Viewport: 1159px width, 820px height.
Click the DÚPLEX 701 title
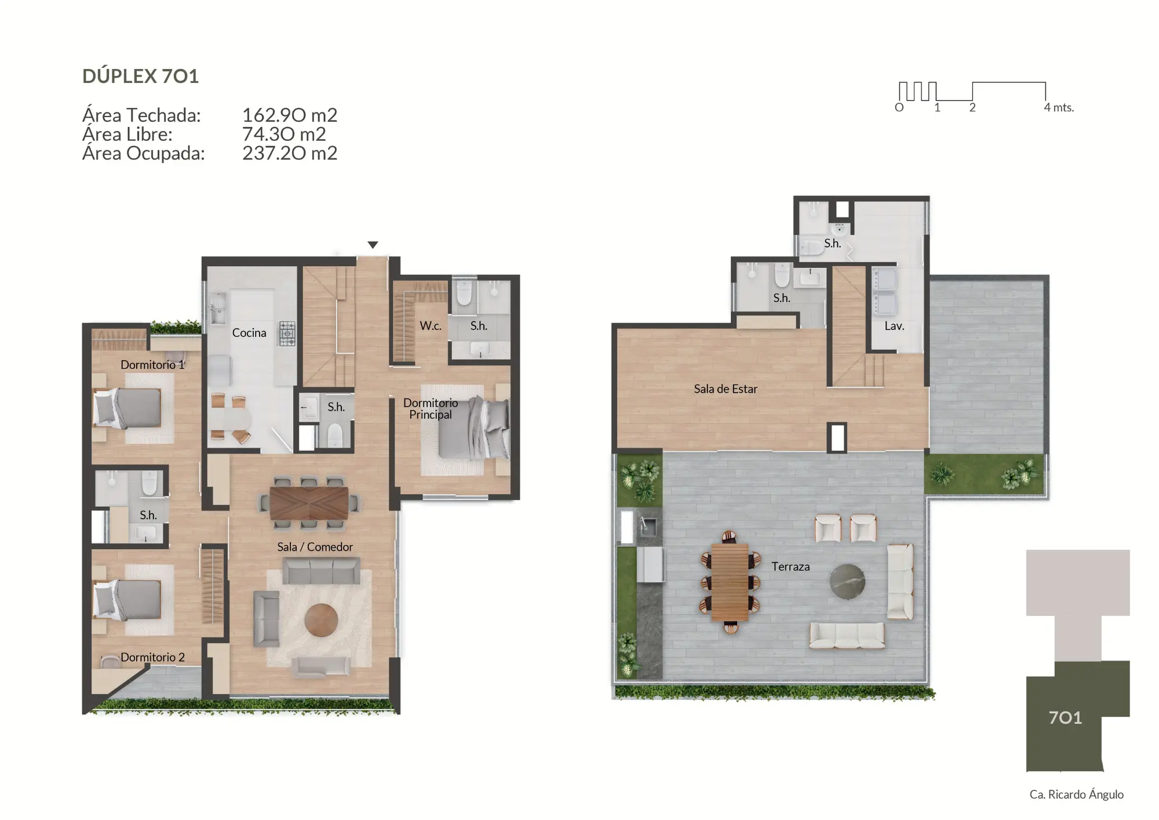pyautogui.click(x=140, y=76)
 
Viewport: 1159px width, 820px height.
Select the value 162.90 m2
pyautogui.click(x=289, y=115)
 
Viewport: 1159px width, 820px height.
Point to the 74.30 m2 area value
pyautogui.click(x=283, y=134)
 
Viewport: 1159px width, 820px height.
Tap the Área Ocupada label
pyautogui.click(x=143, y=153)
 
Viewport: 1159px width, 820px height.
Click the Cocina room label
pyautogui.click(x=249, y=333)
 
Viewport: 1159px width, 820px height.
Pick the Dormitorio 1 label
pyautogui.click(x=152, y=365)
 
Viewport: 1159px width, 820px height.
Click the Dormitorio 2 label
pyautogui.click(x=152, y=657)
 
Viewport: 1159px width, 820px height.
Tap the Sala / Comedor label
pyautogui.click(x=315, y=547)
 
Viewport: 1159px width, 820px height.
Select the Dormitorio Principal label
pyautogui.click(x=430, y=408)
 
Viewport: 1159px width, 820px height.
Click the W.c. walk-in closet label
pyautogui.click(x=430, y=326)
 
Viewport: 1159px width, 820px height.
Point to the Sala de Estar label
pyautogui.click(x=725, y=389)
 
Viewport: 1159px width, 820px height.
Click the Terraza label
pyautogui.click(x=790, y=567)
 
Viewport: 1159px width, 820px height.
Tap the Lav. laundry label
pyautogui.click(x=894, y=326)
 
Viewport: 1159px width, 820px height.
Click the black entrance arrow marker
pyautogui.click(x=373, y=245)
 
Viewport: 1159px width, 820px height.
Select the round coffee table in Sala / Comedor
pyautogui.click(x=321, y=620)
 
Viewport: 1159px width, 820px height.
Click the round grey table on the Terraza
pyautogui.click(x=847, y=580)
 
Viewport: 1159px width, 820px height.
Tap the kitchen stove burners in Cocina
pyautogui.click(x=287, y=333)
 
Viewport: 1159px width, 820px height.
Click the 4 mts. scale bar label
pyautogui.click(x=1058, y=107)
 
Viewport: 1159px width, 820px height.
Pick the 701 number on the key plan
pyautogui.click(x=1065, y=718)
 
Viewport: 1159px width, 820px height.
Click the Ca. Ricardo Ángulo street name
pyautogui.click(x=1076, y=794)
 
